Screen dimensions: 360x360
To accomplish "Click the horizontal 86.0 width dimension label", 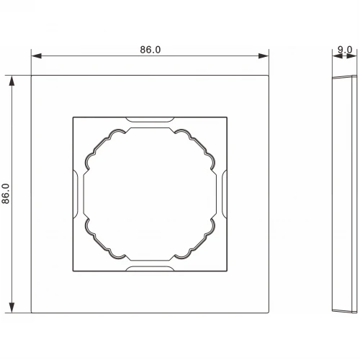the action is tap(150, 50).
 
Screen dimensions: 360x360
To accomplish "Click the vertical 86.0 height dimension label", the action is tap(6, 194).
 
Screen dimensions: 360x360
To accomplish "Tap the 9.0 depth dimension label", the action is tap(345, 50).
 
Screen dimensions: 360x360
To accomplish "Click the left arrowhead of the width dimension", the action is tap(36, 56).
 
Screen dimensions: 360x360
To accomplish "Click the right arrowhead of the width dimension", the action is tap(264, 56).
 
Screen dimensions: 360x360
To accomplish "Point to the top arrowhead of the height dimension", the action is tap(12, 81).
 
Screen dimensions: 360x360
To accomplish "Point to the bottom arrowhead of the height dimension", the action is tap(12, 307).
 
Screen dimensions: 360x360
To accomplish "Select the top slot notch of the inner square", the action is tap(150, 120).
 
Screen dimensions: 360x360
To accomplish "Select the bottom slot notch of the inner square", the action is tap(150, 269).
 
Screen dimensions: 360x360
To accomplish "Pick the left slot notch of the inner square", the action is tap(76, 194).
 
